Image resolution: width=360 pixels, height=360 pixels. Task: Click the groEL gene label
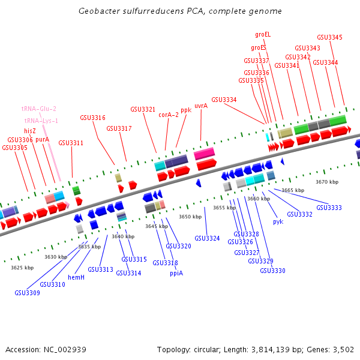(263, 35)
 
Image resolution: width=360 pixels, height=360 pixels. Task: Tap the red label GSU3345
(329, 37)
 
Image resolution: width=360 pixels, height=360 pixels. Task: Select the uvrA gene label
(201, 105)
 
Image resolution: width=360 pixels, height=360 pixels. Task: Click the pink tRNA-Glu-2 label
(39, 109)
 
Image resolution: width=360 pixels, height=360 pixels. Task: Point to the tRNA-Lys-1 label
(41, 121)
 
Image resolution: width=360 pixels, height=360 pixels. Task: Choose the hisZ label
(30, 130)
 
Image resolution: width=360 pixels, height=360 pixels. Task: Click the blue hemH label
(76, 277)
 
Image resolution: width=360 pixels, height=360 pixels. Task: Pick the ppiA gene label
(176, 272)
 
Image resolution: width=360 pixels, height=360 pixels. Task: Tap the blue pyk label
(278, 221)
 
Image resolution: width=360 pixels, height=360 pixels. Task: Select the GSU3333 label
(329, 208)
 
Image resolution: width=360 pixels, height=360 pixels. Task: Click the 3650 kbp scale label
(190, 217)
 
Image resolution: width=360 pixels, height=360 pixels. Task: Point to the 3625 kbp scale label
(22, 268)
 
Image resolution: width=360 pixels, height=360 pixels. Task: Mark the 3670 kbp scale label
(327, 181)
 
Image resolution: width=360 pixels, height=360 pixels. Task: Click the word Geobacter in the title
(98, 11)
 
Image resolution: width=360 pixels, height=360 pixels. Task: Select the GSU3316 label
(92, 118)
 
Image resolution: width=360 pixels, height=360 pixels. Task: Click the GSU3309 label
(28, 293)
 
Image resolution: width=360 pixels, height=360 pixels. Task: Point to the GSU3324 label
(207, 238)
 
